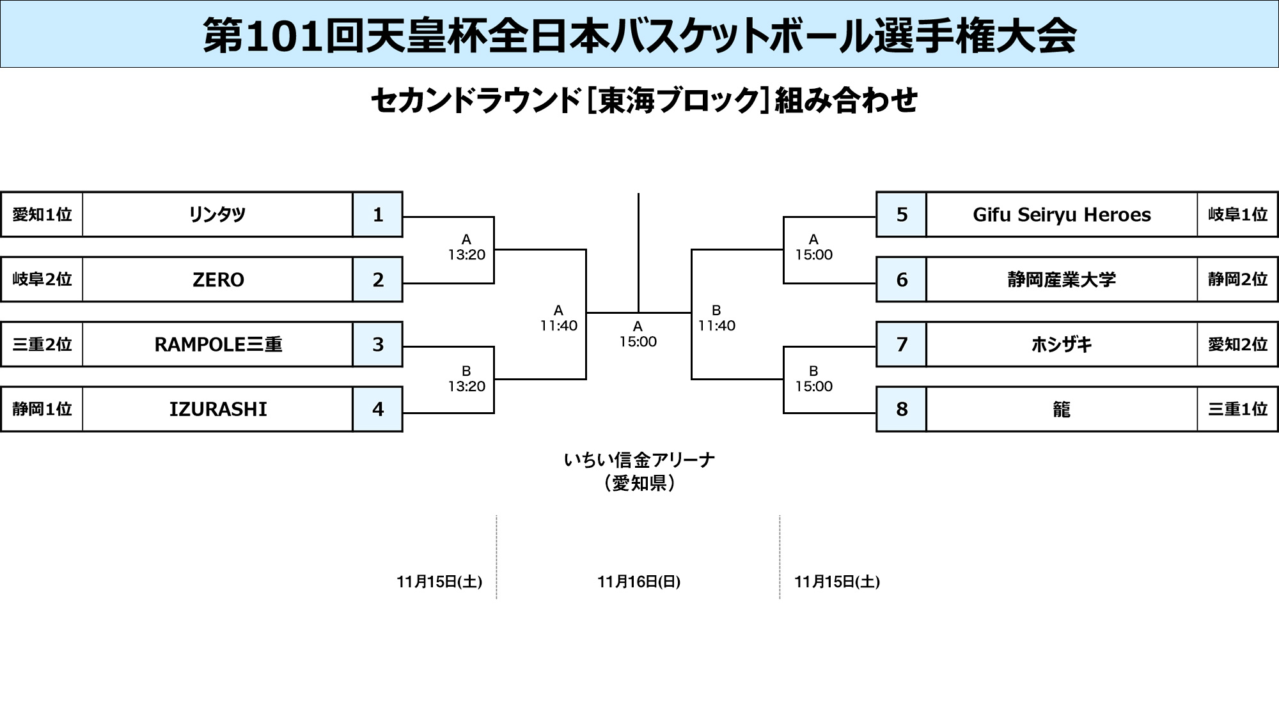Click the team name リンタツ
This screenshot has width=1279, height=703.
(217, 215)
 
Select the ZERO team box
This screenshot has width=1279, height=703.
(217, 280)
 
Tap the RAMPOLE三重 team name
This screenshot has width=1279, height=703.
(217, 344)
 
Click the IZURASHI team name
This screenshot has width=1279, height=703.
(217, 409)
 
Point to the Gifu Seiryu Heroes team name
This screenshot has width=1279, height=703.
(1062, 215)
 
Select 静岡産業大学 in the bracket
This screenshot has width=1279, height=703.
(1062, 280)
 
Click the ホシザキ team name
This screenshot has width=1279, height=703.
(1062, 344)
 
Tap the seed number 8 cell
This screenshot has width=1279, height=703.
(902, 409)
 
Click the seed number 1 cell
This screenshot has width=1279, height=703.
(378, 215)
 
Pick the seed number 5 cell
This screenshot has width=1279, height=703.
(902, 215)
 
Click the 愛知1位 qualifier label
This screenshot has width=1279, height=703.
(42, 215)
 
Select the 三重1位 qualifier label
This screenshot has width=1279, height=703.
(1237, 409)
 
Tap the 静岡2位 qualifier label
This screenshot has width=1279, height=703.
(1237, 280)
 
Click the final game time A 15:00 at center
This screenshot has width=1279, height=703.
(638, 334)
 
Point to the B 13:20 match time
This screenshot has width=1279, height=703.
(466, 379)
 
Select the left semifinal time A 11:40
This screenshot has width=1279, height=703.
(558, 318)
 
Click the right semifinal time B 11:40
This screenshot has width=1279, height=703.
(716, 318)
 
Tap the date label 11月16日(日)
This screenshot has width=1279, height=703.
(639, 582)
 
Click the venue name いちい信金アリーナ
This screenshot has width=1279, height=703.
(639, 460)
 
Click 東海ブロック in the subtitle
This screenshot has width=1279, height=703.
(678, 101)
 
